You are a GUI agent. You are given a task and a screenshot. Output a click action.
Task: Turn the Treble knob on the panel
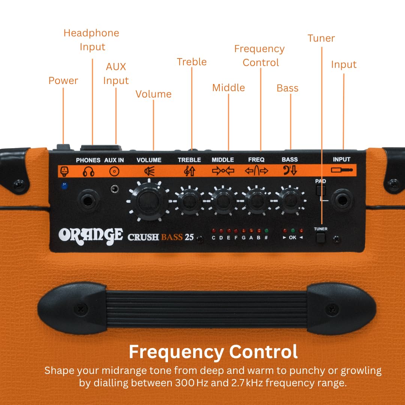click(189, 201)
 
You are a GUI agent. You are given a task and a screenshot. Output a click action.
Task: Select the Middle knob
click(223, 201)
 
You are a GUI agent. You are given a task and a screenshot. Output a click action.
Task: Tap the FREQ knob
click(256, 201)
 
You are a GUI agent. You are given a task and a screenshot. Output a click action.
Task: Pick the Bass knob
click(290, 201)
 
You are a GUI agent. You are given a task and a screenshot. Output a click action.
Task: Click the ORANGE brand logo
click(90, 235)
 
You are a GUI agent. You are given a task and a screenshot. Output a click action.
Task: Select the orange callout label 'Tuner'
click(321, 38)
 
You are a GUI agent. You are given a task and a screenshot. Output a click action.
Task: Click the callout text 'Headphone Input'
click(91, 40)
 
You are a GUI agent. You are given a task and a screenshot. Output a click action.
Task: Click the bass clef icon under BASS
click(289, 171)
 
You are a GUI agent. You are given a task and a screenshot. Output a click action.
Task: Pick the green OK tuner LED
click(292, 231)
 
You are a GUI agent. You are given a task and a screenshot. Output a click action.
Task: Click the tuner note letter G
click(243, 238)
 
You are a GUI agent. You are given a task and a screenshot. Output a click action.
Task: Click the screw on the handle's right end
click(332, 309)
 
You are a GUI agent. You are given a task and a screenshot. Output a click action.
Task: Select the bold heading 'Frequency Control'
click(213, 352)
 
